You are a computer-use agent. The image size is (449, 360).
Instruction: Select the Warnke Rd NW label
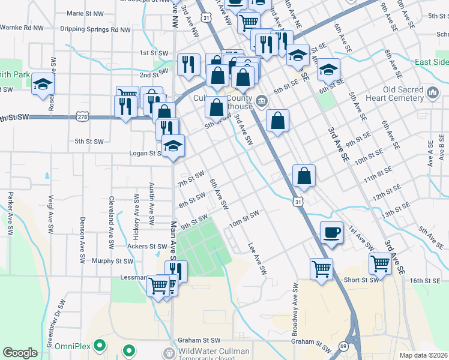(x=22, y=27)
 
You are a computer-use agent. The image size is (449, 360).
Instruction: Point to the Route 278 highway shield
(x=81, y=116)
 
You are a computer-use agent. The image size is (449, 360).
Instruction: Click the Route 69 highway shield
(x=343, y=346)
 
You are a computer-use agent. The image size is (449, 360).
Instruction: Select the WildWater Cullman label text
(x=214, y=351)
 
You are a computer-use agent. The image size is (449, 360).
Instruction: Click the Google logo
(x=20, y=353)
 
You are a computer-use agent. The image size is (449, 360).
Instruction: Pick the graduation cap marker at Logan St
(x=173, y=146)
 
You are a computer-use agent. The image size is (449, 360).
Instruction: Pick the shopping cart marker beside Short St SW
(x=381, y=265)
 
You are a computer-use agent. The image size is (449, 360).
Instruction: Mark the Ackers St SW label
(x=146, y=246)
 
